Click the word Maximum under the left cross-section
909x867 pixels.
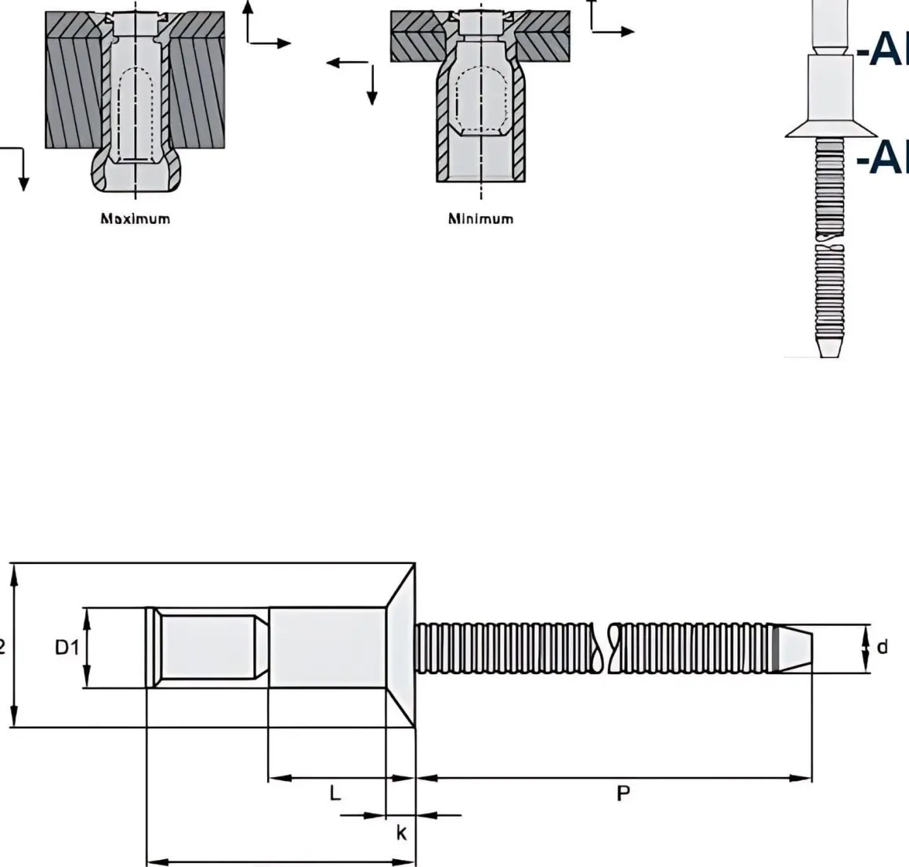pyautogui.click(x=135, y=219)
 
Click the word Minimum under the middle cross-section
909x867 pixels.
pyautogui.click(x=480, y=219)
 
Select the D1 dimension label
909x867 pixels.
pyautogui.click(x=67, y=648)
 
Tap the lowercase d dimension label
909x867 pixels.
pyautogui.click(x=882, y=647)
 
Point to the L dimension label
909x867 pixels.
pyautogui.click(x=335, y=793)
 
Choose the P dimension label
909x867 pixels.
pyautogui.click(x=623, y=793)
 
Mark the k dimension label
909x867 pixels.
pyautogui.click(x=400, y=833)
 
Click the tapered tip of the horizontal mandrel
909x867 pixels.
pyautogui.click(x=796, y=648)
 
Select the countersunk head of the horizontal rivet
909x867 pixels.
pyautogui.click(x=400, y=646)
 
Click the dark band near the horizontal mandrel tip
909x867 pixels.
pyautogui.click(x=775, y=648)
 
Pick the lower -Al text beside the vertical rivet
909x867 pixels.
pyautogui.click(x=882, y=157)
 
